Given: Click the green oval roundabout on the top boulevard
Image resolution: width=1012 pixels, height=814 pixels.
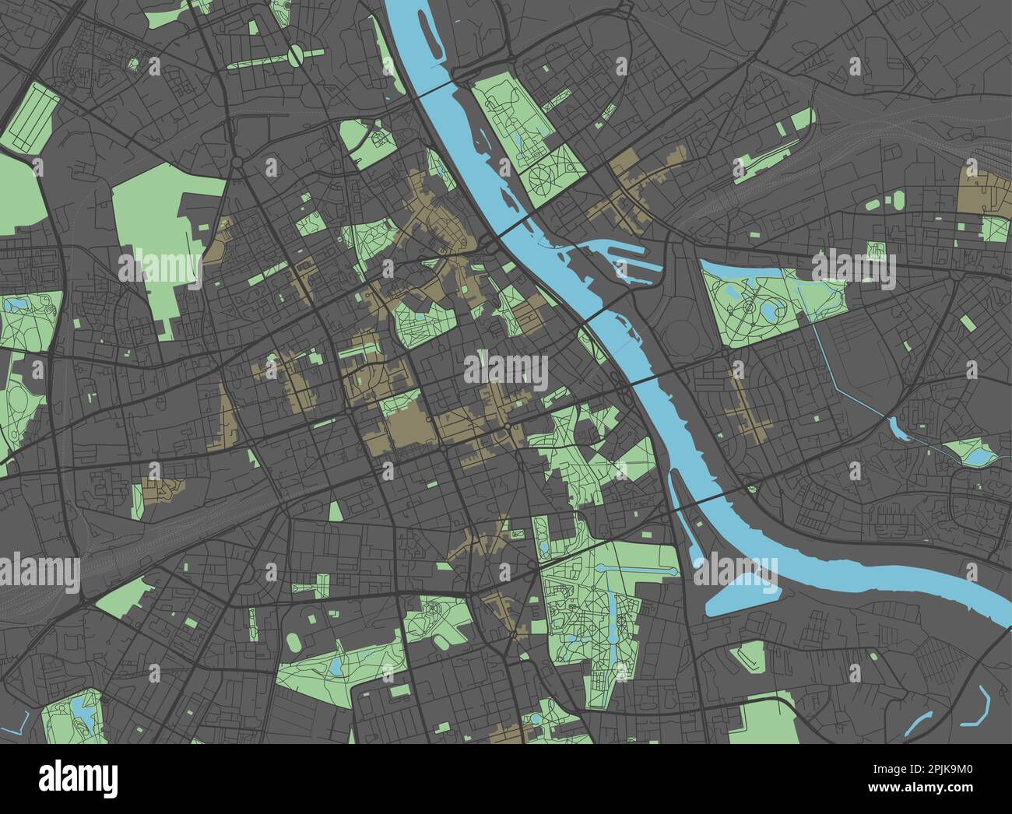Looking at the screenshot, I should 297,54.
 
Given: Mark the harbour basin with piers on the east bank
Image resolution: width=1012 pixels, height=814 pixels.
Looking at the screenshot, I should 623,257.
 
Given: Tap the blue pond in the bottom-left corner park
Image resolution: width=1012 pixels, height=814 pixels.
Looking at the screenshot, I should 80,709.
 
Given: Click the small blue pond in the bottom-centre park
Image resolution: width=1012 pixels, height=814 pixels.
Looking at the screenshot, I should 335,668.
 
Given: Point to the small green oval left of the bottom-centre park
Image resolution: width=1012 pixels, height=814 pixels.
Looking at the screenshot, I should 294,642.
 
